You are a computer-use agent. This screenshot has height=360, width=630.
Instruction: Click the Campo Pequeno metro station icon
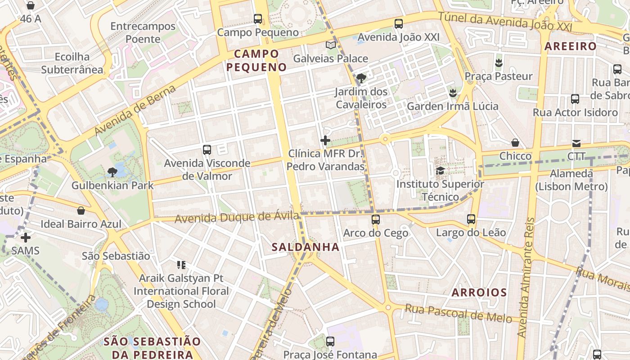pos(258,19)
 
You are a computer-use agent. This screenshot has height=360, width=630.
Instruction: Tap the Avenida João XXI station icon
pos(398,24)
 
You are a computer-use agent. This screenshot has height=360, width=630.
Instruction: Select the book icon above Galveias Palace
pos(331,45)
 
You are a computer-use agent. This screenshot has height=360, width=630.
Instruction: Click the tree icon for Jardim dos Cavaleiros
pos(360,78)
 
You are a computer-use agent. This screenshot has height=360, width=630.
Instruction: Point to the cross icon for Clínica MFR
pos(325,140)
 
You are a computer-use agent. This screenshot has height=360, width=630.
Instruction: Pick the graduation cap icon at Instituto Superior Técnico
pos(440,171)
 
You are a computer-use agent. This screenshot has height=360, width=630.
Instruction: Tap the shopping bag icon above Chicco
pos(515,143)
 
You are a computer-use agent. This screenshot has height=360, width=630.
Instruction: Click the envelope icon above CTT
pos(576,144)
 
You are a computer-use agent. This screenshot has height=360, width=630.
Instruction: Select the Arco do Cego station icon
pos(375,220)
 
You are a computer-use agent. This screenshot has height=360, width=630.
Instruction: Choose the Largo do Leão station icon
pos(471,219)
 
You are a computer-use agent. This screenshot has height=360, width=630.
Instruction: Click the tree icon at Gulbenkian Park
pos(112,171)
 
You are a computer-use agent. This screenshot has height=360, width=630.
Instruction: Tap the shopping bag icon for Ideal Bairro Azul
pos(81,210)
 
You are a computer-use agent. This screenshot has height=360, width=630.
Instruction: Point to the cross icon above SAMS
pos(26,237)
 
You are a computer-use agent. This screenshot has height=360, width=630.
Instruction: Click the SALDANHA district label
pos(306,247)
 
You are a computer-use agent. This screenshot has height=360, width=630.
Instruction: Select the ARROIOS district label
pos(479,292)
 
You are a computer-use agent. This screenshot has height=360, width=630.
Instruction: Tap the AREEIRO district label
pos(570,46)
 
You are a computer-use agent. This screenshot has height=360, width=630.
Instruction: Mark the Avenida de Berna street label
pos(135,110)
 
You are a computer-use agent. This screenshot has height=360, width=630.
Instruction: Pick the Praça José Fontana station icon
pos(330,341)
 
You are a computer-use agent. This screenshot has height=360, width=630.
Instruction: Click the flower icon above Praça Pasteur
pos(498,63)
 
